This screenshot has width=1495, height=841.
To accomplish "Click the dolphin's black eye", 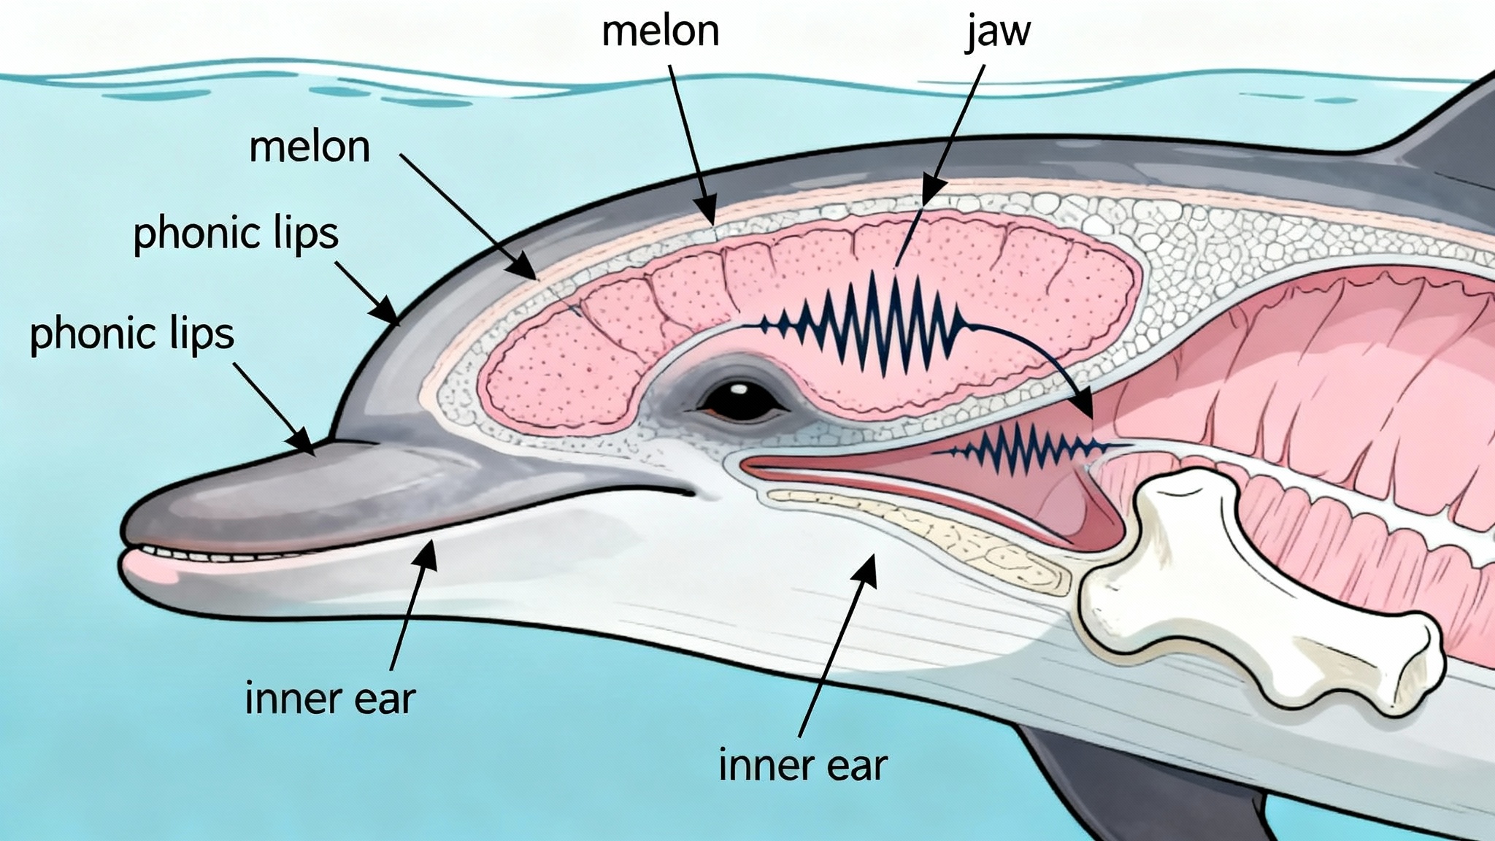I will [x=739, y=401].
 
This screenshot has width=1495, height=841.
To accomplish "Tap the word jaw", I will [x=998, y=32].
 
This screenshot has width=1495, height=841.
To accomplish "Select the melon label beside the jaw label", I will [x=660, y=32].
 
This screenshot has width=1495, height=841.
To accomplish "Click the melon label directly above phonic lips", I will [x=310, y=147].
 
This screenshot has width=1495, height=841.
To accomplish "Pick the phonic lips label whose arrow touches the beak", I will [x=132, y=334].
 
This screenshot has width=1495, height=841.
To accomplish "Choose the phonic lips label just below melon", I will [x=236, y=234].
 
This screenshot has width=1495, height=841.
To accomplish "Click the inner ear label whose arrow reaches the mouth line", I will [x=330, y=698].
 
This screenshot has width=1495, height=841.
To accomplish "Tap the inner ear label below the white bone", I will [x=803, y=765].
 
